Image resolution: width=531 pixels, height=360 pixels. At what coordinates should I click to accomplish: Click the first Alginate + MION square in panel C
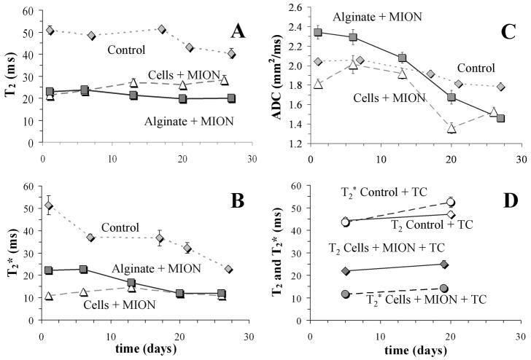coord(318,33)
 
